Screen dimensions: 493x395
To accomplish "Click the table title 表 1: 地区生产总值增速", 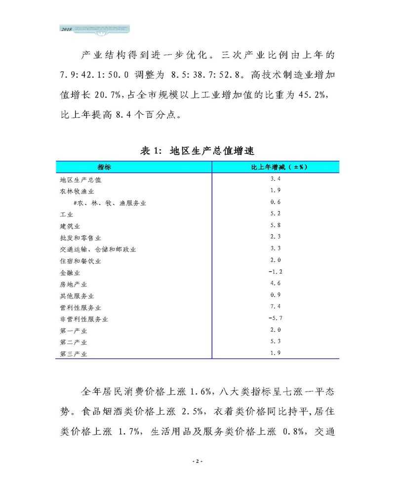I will coord(197,151).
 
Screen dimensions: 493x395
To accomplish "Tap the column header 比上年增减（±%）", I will coord(276,168).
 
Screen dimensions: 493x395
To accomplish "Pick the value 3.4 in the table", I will coord(276,179).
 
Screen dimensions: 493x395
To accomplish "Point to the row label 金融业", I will coord(70,273).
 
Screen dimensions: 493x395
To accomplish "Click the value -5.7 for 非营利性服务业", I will coord(276,318).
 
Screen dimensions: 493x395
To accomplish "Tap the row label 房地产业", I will coord(74,284).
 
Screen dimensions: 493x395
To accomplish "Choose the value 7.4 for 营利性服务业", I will coord(276,307).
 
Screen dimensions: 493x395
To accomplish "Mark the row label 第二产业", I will coord(74,342).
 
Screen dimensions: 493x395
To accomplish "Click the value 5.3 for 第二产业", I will coord(276,341).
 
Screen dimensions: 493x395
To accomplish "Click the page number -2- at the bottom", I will coord(197,461).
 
